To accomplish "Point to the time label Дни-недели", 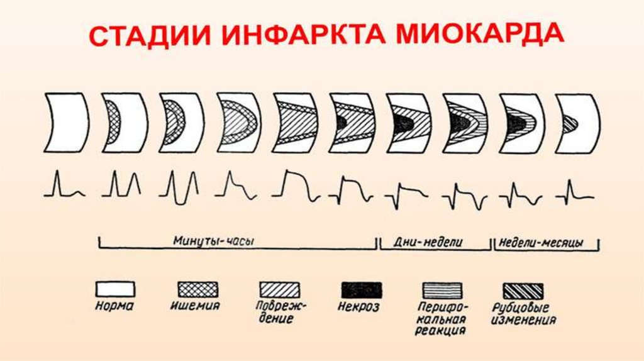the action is click(x=433, y=242).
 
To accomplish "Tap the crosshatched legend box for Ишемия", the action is click(x=196, y=289).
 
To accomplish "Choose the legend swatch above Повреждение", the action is click(x=279, y=289).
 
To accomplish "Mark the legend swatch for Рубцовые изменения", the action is click(x=523, y=289).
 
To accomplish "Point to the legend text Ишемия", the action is click(x=196, y=306).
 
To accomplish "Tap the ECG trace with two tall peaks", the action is click(x=121, y=184).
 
